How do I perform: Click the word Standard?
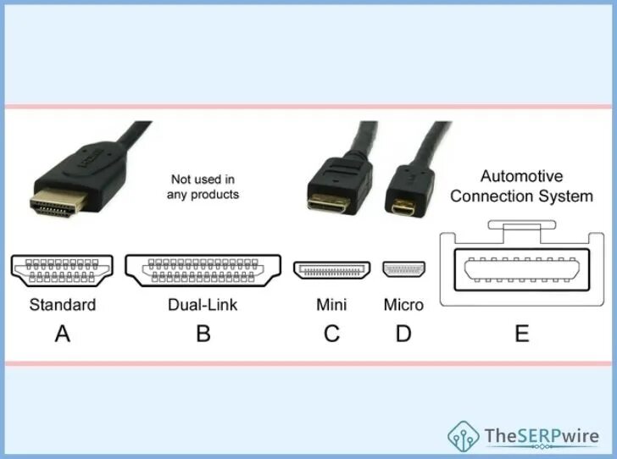coord(63,305)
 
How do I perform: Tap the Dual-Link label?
coord(203,305)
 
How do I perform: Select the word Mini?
coord(331,305)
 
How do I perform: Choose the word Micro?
coord(403,305)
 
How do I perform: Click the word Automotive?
coord(521,177)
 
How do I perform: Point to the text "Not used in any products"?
coord(203,186)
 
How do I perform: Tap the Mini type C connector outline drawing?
coord(332,270)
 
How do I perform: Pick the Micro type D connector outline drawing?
coord(403,270)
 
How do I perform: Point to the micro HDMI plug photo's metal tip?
coord(397,205)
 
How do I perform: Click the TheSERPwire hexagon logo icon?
coord(464,436)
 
